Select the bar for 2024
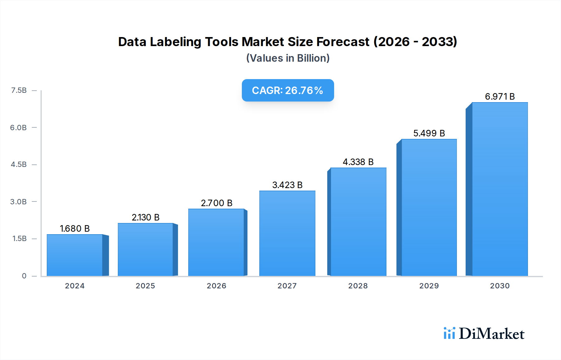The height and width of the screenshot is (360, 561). [x=75, y=255]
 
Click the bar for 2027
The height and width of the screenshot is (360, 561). [x=287, y=234]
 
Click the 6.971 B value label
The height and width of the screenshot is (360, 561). [x=500, y=97]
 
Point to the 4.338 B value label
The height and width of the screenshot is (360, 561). [x=358, y=162]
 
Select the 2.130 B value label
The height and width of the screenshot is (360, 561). [x=146, y=217]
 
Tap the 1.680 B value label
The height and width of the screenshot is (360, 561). [x=75, y=229]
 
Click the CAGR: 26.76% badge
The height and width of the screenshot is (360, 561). [x=288, y=90]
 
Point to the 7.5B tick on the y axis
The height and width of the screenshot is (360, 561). [x=19, y=90]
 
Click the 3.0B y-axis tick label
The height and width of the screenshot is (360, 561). [x=18, y=202]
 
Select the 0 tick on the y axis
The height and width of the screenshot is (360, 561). [x=24, y=276]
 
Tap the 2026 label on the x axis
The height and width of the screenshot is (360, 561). [x=216, y=286]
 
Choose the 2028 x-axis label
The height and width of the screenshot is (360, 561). [x=358, y=286]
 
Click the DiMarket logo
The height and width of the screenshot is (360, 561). [x=484, y=334]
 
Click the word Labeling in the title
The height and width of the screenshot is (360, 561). [x=175, y=42]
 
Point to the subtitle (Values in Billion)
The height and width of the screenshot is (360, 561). [x=288, y=58]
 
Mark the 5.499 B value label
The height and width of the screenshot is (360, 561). [x=429, y=133]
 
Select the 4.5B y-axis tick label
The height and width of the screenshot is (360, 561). [x=18, y=164]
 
